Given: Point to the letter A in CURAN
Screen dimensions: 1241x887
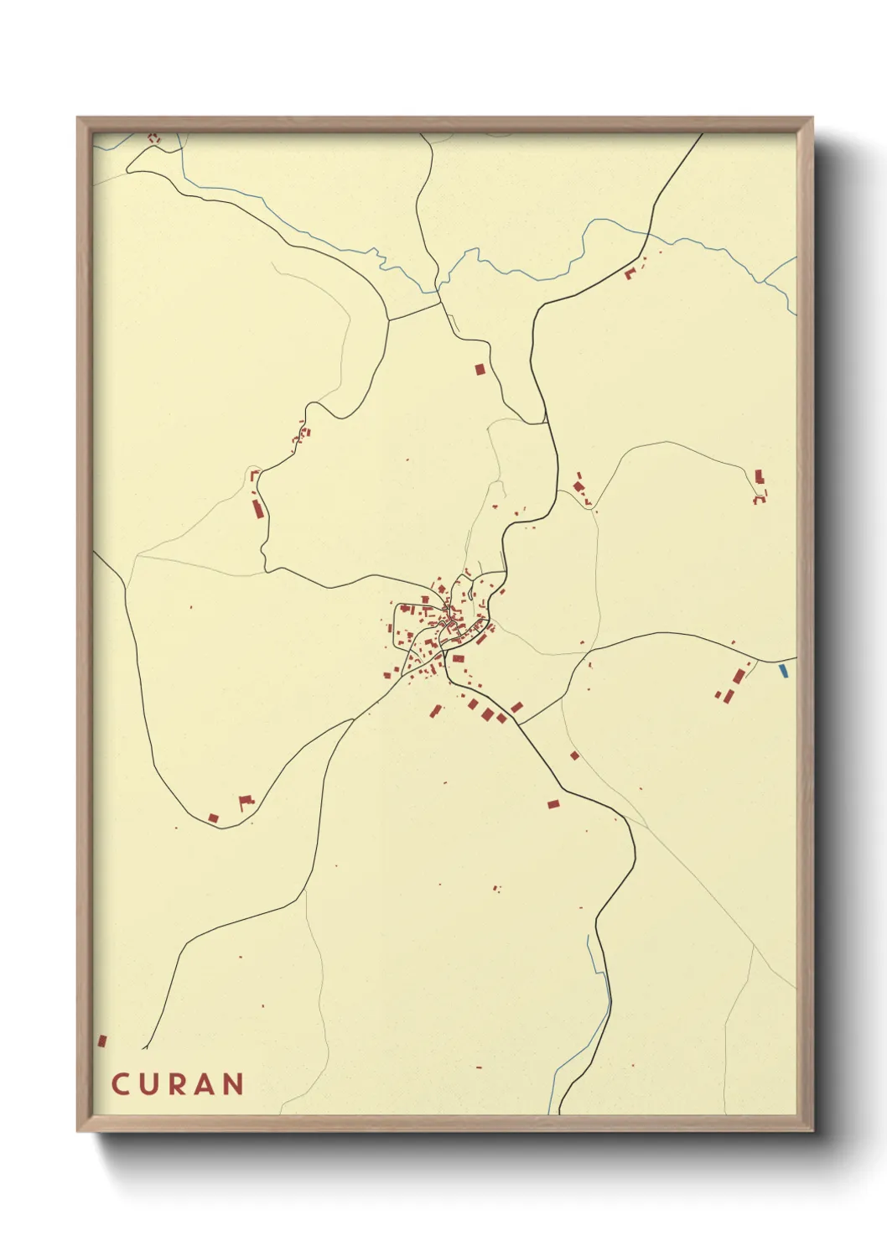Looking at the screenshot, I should coord(206,1084).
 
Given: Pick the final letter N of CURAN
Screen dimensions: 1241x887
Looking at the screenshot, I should coord(235,1084).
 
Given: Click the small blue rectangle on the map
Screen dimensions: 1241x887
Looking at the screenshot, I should coord(783,670).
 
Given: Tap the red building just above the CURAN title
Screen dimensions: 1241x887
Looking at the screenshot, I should coord(102,1041).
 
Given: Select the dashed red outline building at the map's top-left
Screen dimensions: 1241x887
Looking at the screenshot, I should coord(153,138).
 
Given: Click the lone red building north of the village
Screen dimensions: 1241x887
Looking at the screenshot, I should coord(480,369).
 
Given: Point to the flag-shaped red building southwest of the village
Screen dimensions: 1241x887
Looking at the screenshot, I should coord(246,802).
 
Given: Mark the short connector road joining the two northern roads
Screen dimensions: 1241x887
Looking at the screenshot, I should coord(414,311).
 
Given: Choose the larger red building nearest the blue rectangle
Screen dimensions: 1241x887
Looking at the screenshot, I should coord(739,677).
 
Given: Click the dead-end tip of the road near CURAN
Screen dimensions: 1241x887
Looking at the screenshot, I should coord(144,1048).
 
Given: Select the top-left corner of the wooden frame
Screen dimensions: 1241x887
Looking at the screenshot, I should coord(78,118).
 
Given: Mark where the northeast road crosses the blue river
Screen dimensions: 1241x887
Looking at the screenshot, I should coord(648,234).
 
